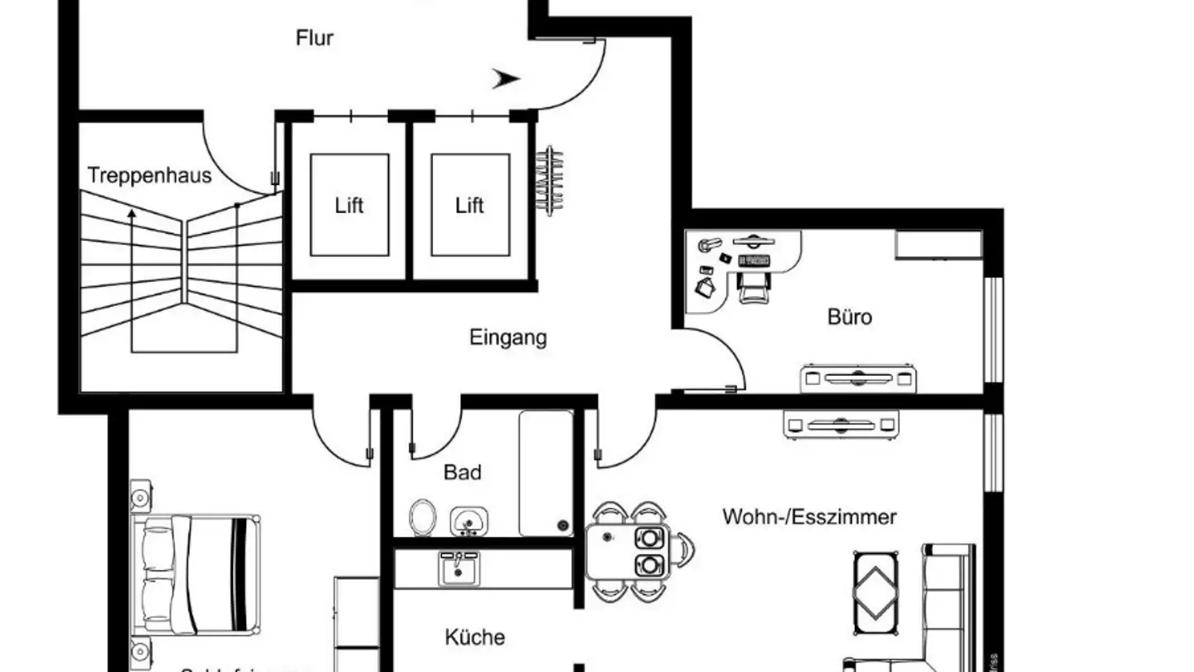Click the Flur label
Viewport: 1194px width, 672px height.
point(314,38)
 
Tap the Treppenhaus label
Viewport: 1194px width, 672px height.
point(149,176)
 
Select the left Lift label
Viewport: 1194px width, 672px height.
point(349,206)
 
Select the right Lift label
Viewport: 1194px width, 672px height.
point(469,206)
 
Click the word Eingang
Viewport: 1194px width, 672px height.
point(508,338)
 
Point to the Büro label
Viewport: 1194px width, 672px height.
point(850,317)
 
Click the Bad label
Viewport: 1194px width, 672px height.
point(462,473)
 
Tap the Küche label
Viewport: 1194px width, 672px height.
point(474,637)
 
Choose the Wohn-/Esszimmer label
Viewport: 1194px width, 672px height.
point(809,518)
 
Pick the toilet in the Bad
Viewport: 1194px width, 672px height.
point(423,518)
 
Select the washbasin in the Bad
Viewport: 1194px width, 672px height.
point(469,522)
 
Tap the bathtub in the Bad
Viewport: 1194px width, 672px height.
point(546,473)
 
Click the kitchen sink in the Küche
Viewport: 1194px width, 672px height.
point(457,569)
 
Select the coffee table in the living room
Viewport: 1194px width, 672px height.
point(876,587)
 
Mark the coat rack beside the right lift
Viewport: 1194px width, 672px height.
point(550,180)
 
